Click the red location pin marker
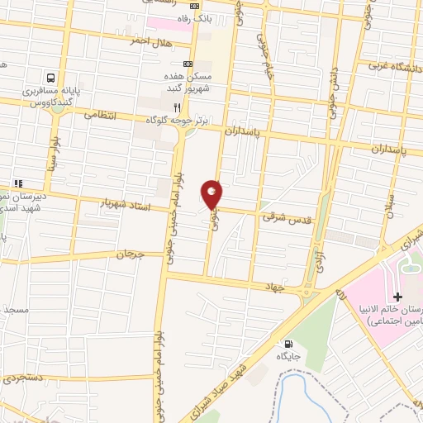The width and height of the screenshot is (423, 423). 212,193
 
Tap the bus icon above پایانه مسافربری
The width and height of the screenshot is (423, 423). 52,74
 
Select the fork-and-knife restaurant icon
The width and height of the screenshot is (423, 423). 176,107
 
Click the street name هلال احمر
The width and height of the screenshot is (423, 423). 149,40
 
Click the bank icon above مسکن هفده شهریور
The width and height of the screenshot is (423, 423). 188,63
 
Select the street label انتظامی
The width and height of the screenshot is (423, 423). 102,116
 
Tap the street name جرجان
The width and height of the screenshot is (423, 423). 131,255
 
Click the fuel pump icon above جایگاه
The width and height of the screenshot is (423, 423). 288,344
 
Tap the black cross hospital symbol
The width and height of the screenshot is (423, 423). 397,297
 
